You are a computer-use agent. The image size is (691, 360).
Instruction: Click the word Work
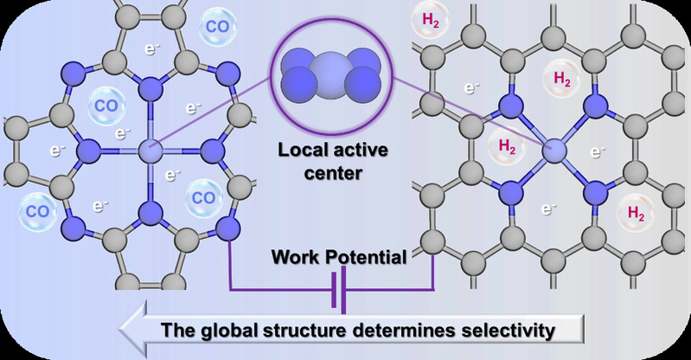click(x=299, y=257)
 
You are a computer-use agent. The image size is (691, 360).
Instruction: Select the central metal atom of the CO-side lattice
click(x=150, y=152)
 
